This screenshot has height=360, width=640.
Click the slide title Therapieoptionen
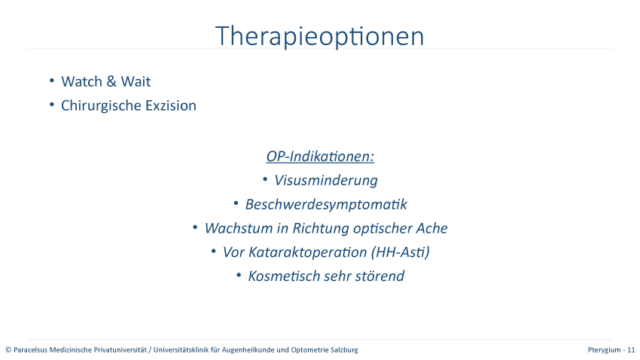point(319,37)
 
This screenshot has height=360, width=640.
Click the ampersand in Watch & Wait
point(111,81)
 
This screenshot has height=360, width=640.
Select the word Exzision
point(171,105)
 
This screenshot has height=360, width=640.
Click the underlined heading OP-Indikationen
point(320,157)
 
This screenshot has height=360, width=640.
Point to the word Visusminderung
point(326,181)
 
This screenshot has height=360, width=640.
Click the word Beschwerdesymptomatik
point(326,204)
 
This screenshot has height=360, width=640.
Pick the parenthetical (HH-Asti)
point(401,252)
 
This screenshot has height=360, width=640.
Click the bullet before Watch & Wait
point(52,81)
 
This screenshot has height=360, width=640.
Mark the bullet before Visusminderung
point(265,179)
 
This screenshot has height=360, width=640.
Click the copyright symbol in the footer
point(8,349)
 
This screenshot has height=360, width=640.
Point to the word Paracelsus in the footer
point(30,349)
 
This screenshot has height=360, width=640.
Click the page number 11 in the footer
point(631,349)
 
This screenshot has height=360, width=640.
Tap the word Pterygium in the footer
point(604,349)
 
